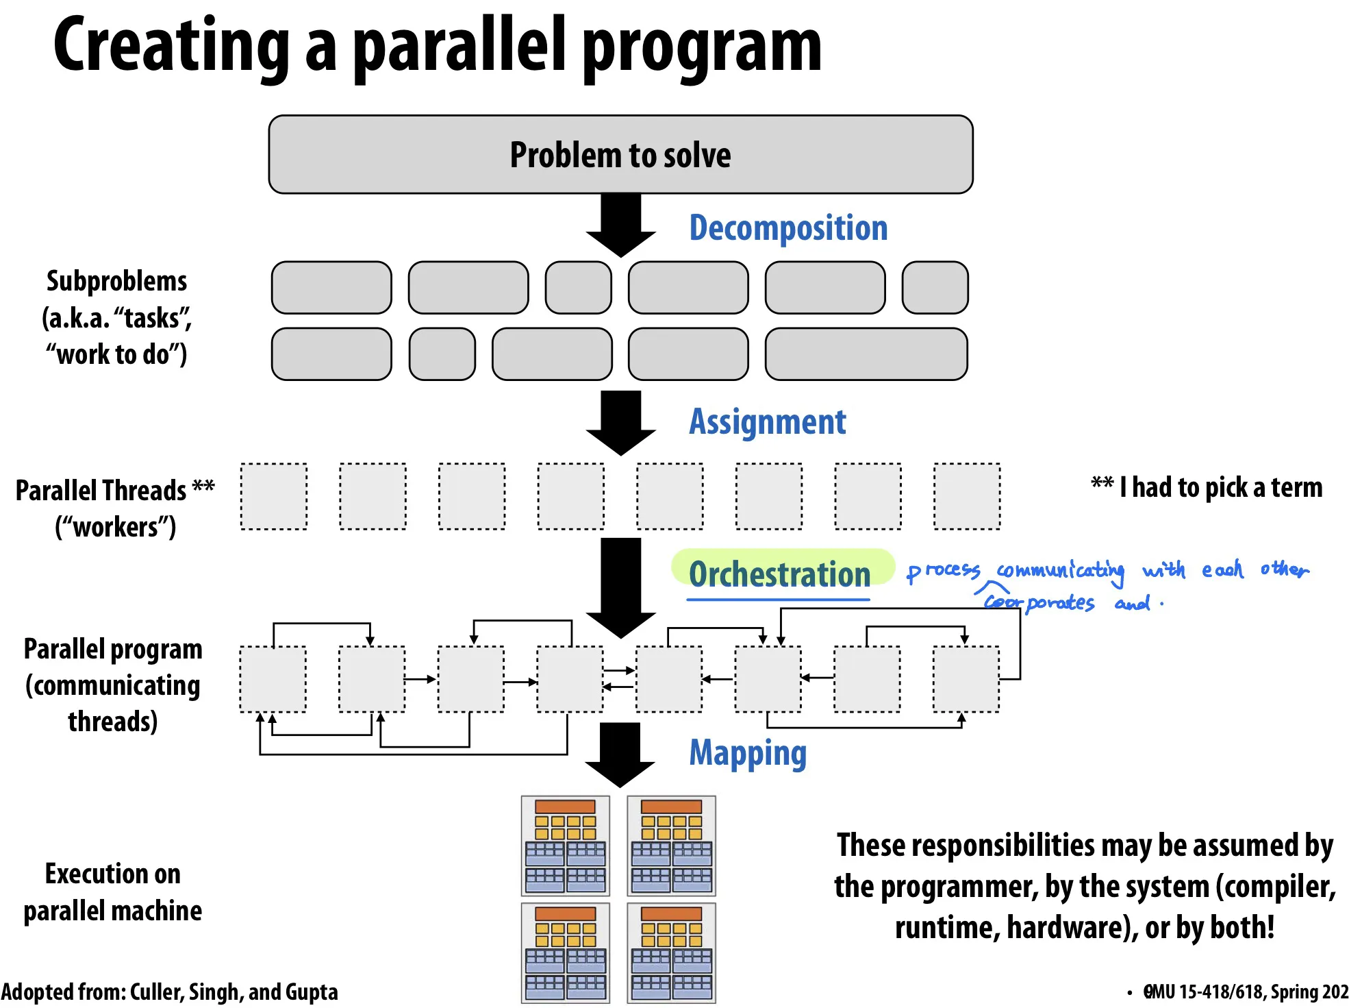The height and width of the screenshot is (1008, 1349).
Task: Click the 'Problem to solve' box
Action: pyautogui.click(x=620, y=155)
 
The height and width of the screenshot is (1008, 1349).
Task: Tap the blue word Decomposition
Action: pyautogui.click(x=788, y=228)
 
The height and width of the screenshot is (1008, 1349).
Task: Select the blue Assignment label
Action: pyautogui.click(x=767, y=422)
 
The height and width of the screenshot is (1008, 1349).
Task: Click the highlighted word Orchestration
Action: pyautogui.click(x=779, y=574)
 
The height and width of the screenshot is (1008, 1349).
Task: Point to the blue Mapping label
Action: pyautogui.click(x=748, y=753)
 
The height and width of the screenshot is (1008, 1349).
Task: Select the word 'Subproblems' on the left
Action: pyautogui.click(x=116, y=282)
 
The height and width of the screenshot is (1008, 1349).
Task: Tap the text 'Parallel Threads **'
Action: pyautogui.click(x=114, y=491)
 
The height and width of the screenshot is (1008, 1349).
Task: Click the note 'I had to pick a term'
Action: pyautogui.click(x=1220, y=488)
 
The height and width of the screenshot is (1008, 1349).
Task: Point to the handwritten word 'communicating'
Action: pyautogui.click(x=1060, y=571)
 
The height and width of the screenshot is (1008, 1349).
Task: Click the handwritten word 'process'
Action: pyautogui.click(x=944, y=571)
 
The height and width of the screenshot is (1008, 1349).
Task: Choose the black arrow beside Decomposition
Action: pyautogui.click(x=621, y=225)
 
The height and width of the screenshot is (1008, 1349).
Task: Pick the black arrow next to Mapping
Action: pyautogui.click(x=620, y=754)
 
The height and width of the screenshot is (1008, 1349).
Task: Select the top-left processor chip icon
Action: pyautogui.click(x=565, y=846)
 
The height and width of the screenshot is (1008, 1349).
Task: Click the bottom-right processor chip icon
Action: pyautogui.click(x=671, y=952)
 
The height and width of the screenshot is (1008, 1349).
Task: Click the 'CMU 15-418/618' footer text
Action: pyautogui.click(x=1205, y=992)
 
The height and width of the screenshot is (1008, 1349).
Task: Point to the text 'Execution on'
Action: pyautogui.click(x=113, y=874)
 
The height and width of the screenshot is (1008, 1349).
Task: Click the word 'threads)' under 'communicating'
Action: pyautogui.click(x=113, y=722)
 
